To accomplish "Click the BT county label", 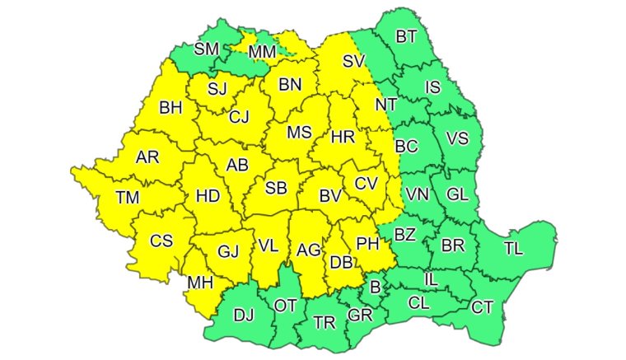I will click(x=406, y=36).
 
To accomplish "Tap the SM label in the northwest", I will click(x=206, y=49).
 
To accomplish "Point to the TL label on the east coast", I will click(x=512, y=247).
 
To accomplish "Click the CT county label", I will click(x=483, y=307).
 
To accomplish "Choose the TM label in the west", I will click(x=128, y=197).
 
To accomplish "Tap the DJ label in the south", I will click(x=244, y=314).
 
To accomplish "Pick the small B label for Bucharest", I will click(x=376, y=288).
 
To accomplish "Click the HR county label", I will click(x=342, y=138).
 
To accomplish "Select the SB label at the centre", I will click(x=276, y=189).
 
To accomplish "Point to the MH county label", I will click(x=200, y=283).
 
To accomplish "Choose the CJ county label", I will click(x=239, y=118).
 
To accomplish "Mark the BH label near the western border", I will click(x=171, y=107).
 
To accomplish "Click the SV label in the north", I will click(x=353, y=61).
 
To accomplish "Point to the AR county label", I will click(x=147, y=157).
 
